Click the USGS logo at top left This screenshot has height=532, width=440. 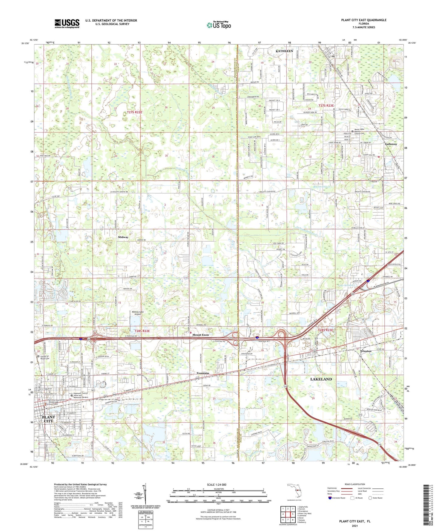[x=67, y=23]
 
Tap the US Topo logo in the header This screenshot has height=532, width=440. [x=218, y=25]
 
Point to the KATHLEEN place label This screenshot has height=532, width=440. [x=284, y=51]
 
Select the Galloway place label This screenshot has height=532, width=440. [x=391, y=144]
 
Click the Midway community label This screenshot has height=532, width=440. [x=123, y=237]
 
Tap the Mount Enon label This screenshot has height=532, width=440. [x=201, y=335]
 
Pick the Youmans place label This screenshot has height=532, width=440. [x=203, y=373]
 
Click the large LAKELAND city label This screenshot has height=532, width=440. [x=321, y=379]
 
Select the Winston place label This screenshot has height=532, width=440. [x=365, y=351]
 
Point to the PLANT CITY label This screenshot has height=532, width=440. [x=48, y=419]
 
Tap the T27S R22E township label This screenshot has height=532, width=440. [x=135, y=112]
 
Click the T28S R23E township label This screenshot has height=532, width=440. [x=326, y=330]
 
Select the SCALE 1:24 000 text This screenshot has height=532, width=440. [x=216, y=484]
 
